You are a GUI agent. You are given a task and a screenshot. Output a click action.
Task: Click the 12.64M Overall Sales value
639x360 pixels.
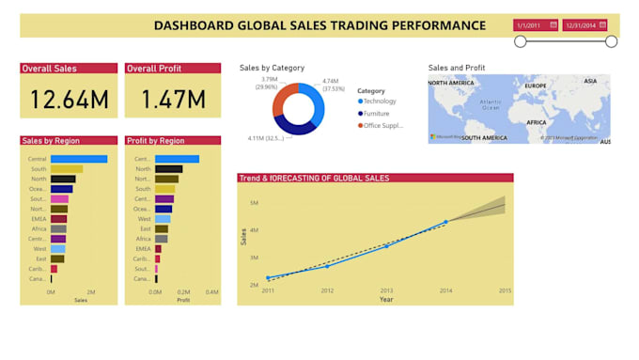pos(69,99)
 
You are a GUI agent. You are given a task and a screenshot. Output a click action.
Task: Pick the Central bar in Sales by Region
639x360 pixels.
pos(79,159)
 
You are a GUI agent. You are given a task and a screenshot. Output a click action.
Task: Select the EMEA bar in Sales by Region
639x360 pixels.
pos(58,218)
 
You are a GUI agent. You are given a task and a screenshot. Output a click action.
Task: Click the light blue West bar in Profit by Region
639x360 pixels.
pos(163,218)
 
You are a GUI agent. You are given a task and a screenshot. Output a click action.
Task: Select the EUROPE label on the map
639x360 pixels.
pos(536,86)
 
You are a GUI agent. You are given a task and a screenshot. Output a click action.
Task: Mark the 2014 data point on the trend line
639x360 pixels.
pos(445,222)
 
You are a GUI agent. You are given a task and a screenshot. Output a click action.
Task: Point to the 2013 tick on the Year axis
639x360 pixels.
pos(386,290)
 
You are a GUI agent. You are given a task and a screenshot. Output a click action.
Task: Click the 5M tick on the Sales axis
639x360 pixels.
pos(254,202)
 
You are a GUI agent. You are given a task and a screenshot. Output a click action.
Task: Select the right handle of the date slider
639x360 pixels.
pos(611,41)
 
